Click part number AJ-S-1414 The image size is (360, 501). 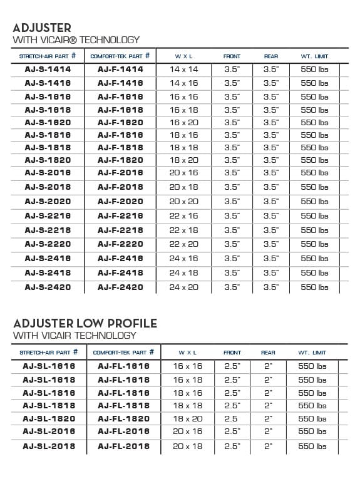pos(48,70)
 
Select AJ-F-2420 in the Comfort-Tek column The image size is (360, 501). pos(120,287)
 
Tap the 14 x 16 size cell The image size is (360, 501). pos(183,83)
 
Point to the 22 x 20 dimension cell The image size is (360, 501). pos(183,244)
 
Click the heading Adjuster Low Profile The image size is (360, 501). pos(85,323)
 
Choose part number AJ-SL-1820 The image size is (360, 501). pos(49,418)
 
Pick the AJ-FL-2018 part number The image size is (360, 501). pos(123,446)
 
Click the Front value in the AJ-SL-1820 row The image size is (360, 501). pos(232,418)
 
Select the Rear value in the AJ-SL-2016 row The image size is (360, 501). pos(269,431)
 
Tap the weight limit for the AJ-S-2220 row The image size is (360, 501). pos(314,244)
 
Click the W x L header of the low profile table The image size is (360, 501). pos(188,353)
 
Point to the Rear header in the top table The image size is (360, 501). pos(270,56)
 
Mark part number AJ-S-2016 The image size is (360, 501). pos(48,173)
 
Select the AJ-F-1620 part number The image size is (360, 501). pos(120,123)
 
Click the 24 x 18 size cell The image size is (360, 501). pos(183,273)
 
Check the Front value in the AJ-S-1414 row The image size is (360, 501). pos(232,70)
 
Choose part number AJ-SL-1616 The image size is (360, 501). pos(49,366)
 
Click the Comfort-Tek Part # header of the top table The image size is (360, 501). pos(121,56)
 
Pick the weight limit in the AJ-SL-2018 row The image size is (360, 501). pos(312,446)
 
